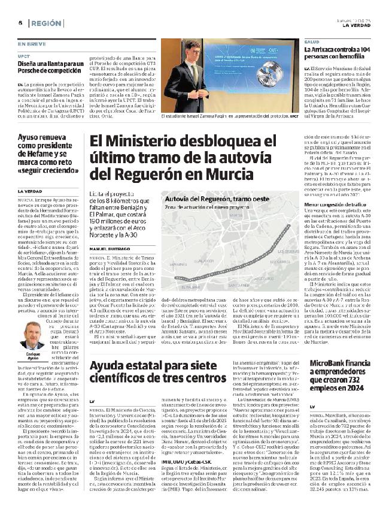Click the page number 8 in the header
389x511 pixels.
coord(11,22)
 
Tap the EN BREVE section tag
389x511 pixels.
coord(31,44)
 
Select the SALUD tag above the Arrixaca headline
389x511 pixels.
coord(312,41)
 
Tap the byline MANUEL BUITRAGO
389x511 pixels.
coord(108,232)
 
